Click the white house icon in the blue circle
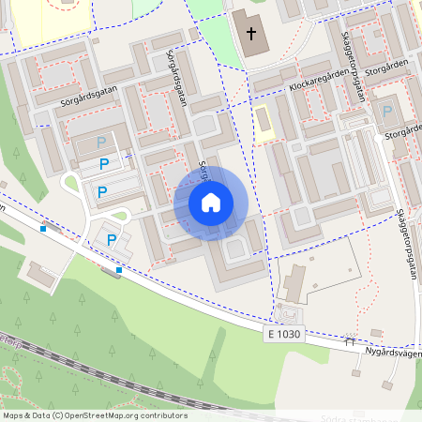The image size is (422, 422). coord(211,202)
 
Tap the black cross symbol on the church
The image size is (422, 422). coord(250,34)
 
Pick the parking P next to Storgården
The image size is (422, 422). coord(387,111)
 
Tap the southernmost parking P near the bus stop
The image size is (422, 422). coord(112,240)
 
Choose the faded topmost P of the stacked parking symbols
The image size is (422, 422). coord(102,142)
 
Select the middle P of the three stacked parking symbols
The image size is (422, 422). coord(105,164)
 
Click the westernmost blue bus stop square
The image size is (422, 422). coord(43,228)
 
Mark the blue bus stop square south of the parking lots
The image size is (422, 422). coord(119,270)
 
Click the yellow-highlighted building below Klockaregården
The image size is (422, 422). coord(263,121)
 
